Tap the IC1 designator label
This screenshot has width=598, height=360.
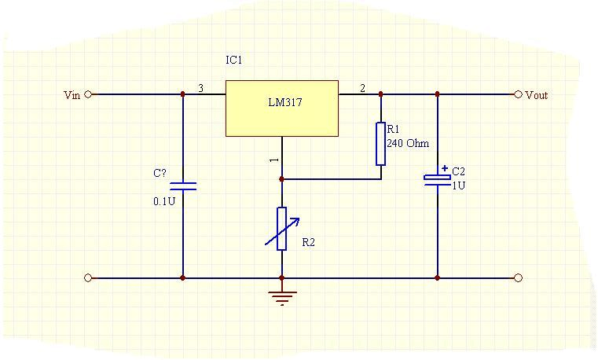pyautogui.click(x=234, y=60)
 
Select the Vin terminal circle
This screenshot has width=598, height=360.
pyautogui.click(x=88, y=94)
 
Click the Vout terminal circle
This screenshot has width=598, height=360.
pyautogui.click(x=518, y=94)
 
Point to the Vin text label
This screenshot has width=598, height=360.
pyautogui.click(x=72, y=95)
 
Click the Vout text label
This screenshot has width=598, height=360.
pyautogui.click(x=537, y=95)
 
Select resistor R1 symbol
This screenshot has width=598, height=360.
pyautogui.click(x=380, y=144)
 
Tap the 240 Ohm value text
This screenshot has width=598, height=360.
pyautogui.click(x=408, y=144)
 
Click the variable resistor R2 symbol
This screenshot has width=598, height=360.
pyautogui.click(x=281, y=228)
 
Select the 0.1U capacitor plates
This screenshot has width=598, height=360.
pyautogui.click(x=183, y=186)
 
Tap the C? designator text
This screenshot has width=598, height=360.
pyautogui.click(x=160, y=173)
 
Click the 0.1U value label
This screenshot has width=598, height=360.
pyautogui.click(x=163, y=201)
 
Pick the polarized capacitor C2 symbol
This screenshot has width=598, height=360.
pyautogui.click(x=437, y=178)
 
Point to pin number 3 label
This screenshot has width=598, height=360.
pyautogui.click(x=200, y=89)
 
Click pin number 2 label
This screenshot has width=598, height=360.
pyautogui.click(x=362, y=89)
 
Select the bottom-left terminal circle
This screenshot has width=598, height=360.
pyautogui.click(x=88, y=277)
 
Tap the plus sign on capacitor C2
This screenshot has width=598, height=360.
pyautogui.click(x=445, y=167)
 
